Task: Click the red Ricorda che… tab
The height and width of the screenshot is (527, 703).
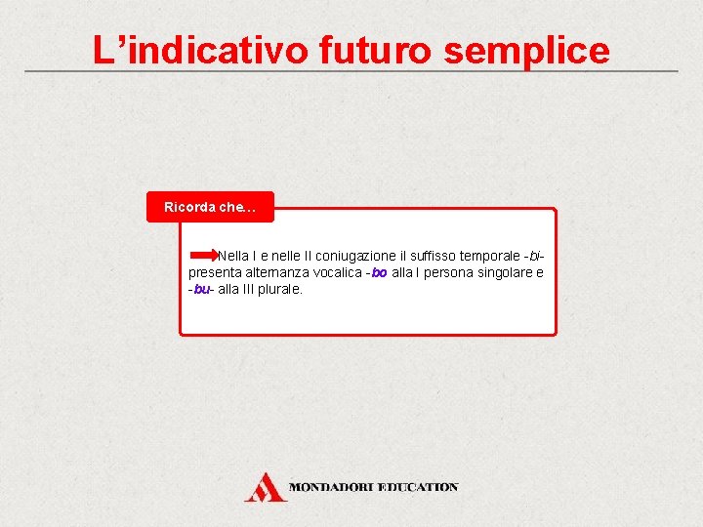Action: point(210,207)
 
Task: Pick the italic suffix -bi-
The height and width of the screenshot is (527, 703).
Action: point(534,255)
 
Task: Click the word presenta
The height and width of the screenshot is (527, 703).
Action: point(214,272)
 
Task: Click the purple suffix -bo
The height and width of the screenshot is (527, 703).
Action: point(377,272)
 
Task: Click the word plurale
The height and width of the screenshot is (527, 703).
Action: point(279,290)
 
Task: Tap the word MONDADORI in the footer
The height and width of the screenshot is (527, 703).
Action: point(332,486)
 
